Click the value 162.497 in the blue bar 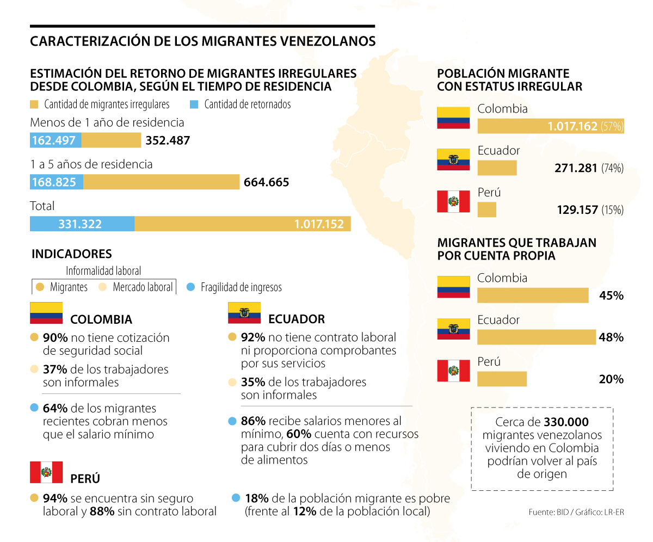(53, 140)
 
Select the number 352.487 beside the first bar (168, 140)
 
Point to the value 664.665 (267, 182)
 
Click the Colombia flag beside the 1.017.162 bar (453, 118)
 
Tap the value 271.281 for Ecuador (576, 168)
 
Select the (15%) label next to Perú (612, 210)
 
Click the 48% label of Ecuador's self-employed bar (611, 337)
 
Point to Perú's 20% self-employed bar (502, 379)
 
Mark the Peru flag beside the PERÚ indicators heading (46, 472)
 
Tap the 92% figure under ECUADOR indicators (252, 338)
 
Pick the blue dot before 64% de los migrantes (34, 408)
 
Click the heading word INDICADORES (72, 254)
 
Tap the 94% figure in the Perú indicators (55, 498)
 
